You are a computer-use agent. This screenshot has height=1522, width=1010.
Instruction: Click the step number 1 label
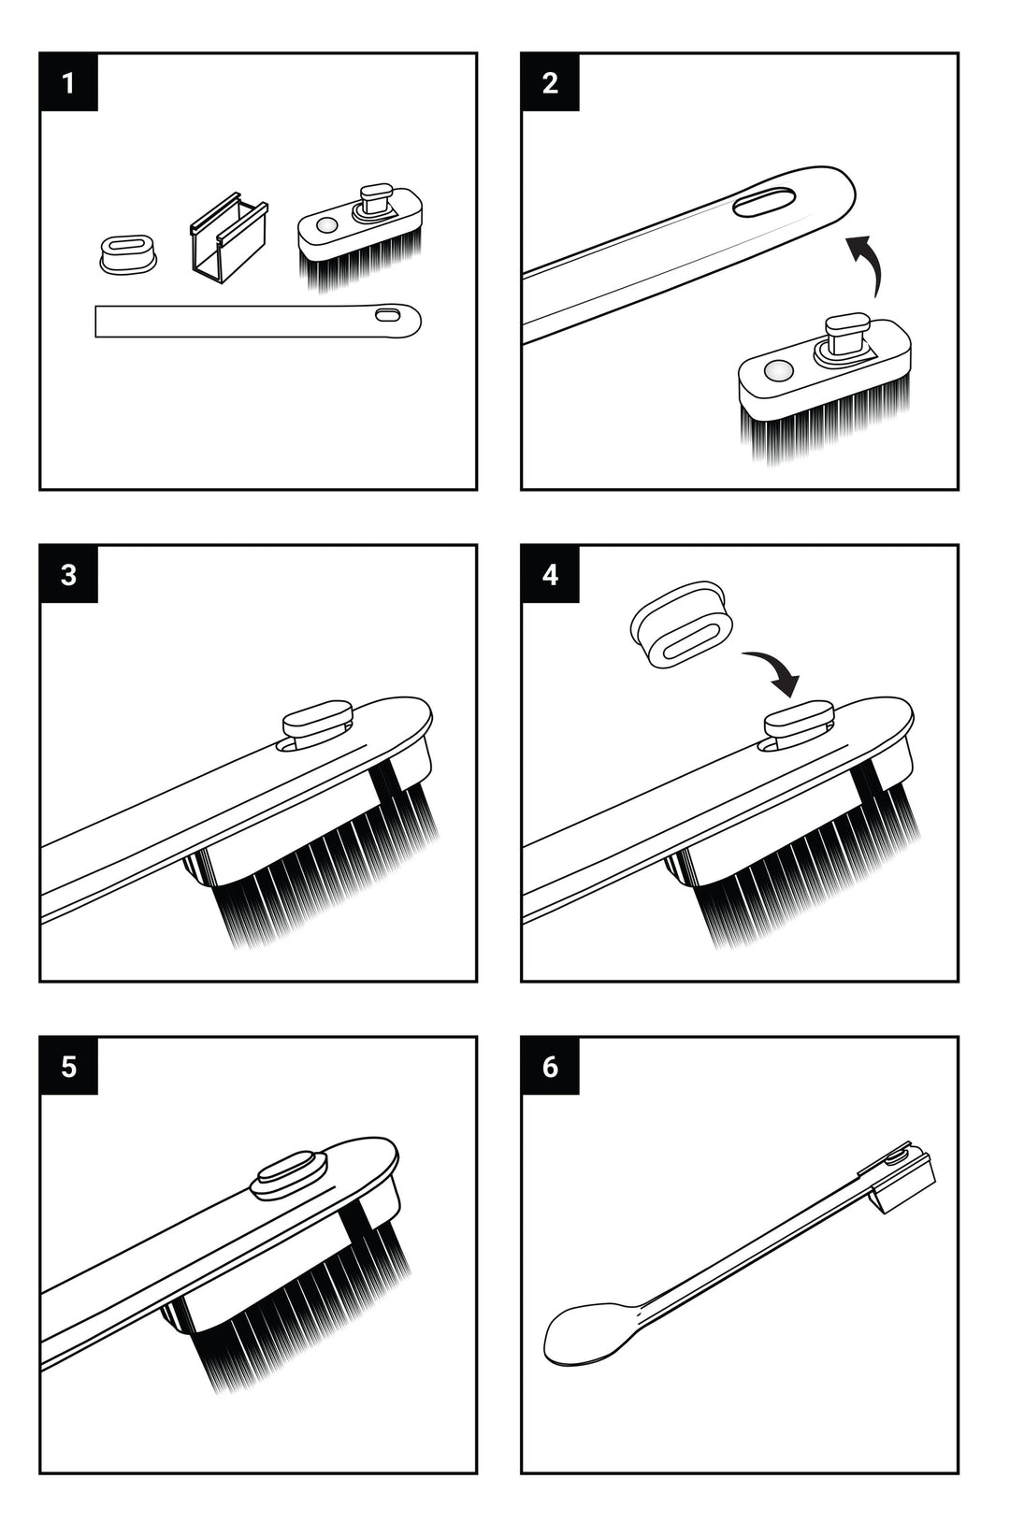[68, 82]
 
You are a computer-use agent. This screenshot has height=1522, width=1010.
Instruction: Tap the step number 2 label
[550, 82]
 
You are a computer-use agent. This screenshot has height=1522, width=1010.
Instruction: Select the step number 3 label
[68, 574]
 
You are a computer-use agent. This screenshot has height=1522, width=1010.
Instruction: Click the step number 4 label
[550, 574]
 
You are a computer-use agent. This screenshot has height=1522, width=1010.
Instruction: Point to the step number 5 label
[68, 1066]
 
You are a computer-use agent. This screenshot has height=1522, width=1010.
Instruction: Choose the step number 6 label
[550, 1066]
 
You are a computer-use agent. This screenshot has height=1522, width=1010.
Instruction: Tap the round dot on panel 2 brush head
[774, 372]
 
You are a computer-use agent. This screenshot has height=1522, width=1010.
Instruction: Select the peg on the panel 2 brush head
[844, 334]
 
